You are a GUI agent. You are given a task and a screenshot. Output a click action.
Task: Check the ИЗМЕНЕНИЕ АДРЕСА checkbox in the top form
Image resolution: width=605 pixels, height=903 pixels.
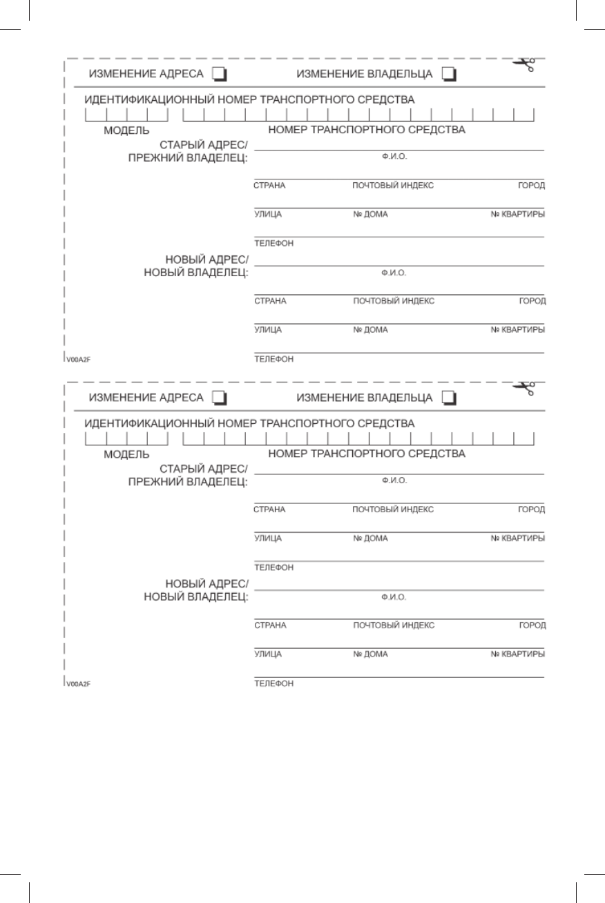pos(219,74)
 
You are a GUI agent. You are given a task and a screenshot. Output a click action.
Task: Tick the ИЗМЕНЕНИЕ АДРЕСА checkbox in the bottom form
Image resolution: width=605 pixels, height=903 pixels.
pos(219,398)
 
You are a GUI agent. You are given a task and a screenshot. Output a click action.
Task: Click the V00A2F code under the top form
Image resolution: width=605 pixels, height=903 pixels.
pos(79,359)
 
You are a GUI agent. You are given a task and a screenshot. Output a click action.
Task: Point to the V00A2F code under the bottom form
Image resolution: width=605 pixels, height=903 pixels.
pos(79,683)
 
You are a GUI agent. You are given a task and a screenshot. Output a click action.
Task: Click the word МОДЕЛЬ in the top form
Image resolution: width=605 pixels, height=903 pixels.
pos(126,130)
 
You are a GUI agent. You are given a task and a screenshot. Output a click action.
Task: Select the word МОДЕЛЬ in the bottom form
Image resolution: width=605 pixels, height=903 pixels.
pos(126,454)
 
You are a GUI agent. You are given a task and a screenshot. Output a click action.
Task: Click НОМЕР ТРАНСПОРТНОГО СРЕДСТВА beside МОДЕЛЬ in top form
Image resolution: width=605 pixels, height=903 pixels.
pos(366,129)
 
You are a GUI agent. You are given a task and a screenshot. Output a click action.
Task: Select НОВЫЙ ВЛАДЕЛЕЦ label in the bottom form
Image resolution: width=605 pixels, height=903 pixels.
pos(195,597)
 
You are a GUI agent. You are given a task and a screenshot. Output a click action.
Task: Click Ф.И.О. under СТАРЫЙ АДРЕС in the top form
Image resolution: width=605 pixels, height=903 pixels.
pos(394,157)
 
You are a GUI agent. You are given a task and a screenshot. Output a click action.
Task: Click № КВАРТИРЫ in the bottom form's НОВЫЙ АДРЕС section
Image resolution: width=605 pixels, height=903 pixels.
pos(517,654)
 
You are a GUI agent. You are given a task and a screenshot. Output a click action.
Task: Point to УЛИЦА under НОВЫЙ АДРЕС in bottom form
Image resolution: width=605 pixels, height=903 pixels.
pos(268,654)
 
